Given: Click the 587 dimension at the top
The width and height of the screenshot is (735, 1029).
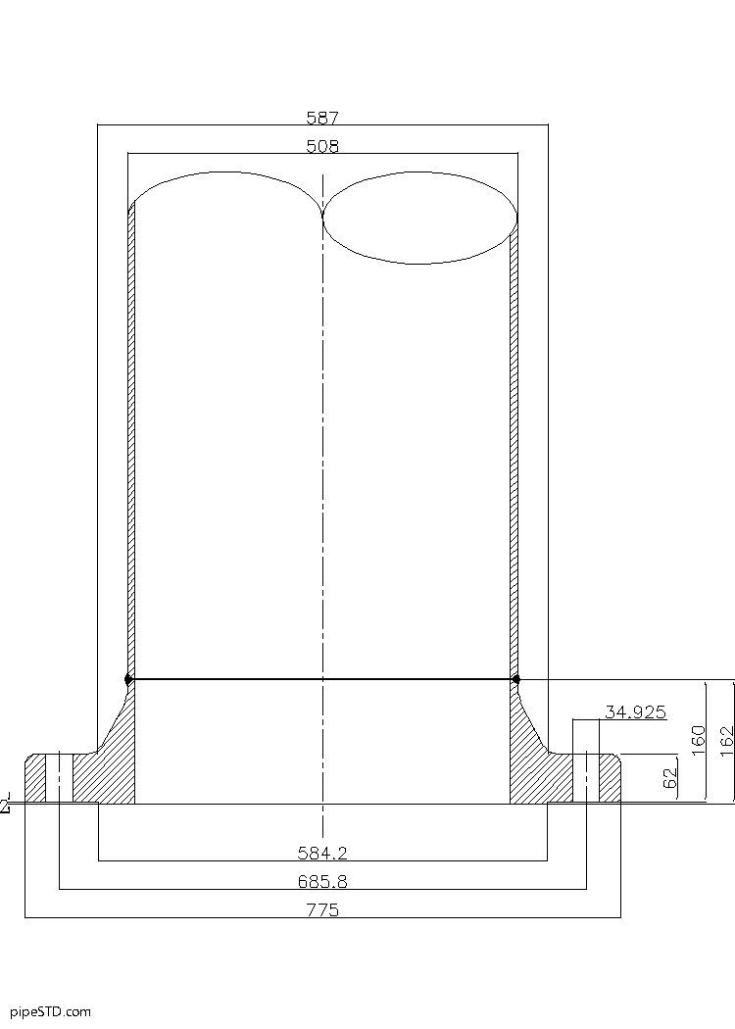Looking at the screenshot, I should (322, 118).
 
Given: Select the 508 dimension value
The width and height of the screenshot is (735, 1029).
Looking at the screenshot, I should (322, 147).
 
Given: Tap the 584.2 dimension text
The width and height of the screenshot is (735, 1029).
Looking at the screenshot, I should (322, 853).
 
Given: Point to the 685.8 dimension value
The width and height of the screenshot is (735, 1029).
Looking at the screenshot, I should (322, 882).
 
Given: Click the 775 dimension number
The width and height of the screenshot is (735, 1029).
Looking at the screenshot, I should (322, 910).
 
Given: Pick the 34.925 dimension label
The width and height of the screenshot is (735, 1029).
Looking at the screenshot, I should (635, 712).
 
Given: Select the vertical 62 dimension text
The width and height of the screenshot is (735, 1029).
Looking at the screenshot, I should (670, 779).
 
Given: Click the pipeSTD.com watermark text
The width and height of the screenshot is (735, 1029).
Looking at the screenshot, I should (50, 1011).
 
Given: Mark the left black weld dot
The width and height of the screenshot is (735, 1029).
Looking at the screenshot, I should (128, 679).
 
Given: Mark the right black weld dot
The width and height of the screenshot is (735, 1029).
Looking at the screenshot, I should (516, 679).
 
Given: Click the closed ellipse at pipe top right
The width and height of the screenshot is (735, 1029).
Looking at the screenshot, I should (420, 218).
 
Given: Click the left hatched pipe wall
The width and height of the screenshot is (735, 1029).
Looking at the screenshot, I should (131, 441).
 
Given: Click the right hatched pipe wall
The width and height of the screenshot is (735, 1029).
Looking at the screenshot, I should (514, 441).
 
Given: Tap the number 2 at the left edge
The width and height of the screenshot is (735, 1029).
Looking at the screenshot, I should (5, 806).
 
